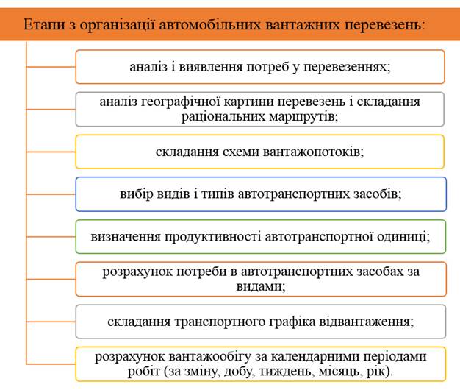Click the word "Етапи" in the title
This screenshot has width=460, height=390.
click(x=45, y=25)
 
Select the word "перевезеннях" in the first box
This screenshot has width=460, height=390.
click(x=347, y=67)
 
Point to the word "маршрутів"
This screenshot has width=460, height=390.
click(x=303, y=117)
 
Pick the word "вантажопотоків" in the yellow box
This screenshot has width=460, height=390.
click(x=313, y=152)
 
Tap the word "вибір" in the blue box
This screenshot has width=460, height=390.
click(x=136, y=194)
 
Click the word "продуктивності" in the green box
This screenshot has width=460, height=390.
click(x=212, y=237)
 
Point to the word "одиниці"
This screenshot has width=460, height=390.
click(x=403, y=237)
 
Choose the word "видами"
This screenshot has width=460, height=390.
click(x=261, y=287)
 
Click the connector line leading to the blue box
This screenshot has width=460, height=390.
click(x=51, y=194)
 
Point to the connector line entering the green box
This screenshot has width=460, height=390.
click(x=51, y=237)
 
